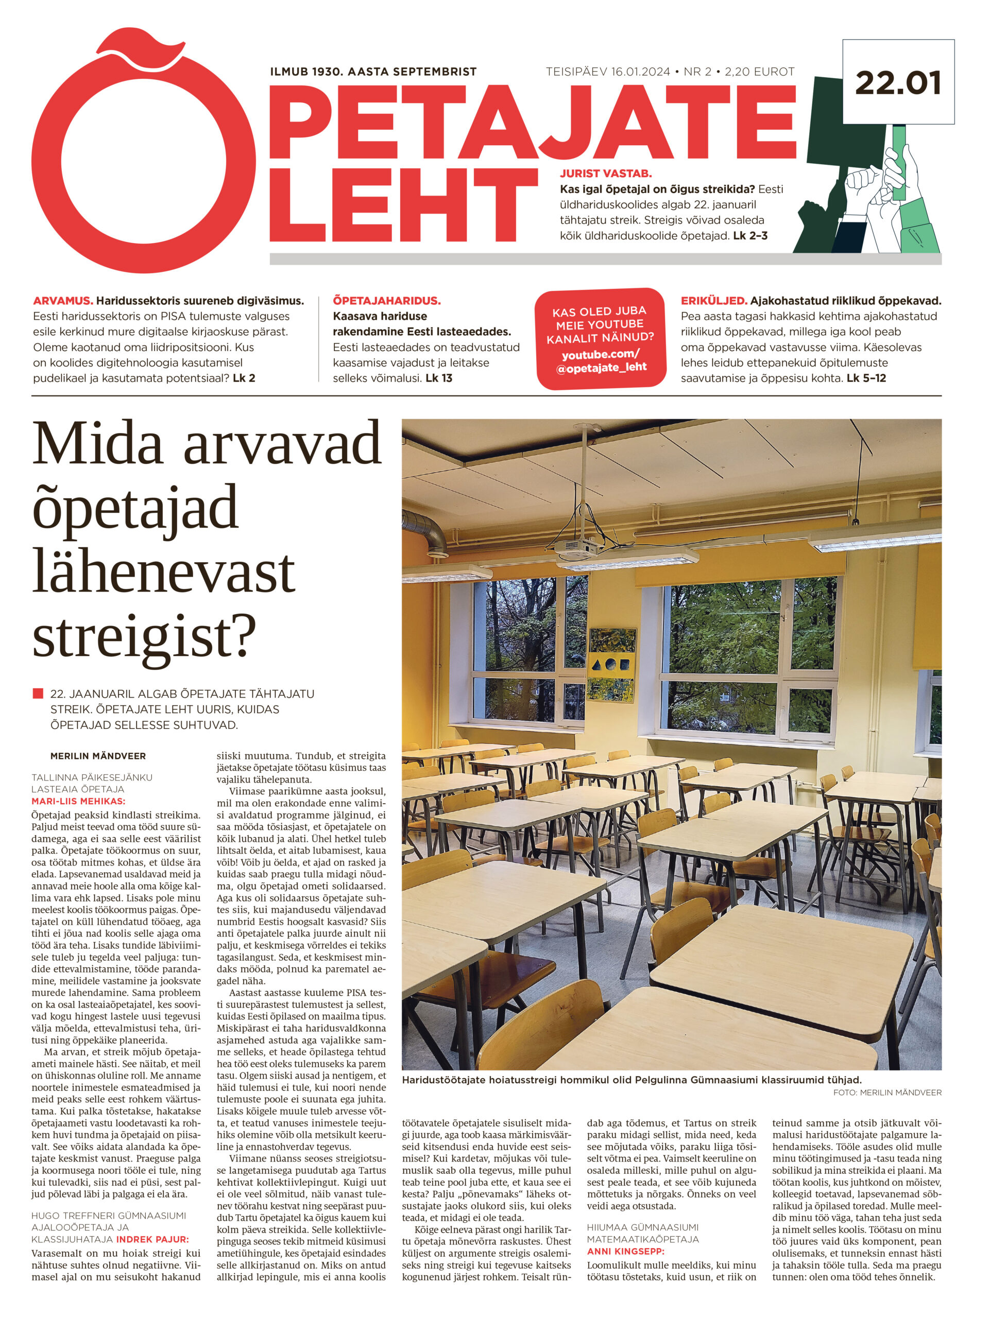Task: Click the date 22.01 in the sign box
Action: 897,83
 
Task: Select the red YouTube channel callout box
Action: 600,338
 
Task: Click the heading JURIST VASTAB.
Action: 605,174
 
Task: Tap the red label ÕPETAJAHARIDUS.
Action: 386,301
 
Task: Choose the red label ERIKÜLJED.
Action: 713,301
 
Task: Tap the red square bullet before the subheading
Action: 38,693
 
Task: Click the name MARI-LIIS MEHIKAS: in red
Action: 78,802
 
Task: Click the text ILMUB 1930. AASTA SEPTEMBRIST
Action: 373,72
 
